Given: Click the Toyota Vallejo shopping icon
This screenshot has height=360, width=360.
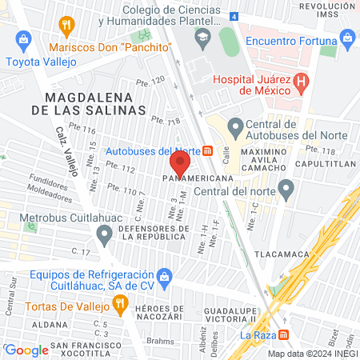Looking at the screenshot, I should click(23, 38).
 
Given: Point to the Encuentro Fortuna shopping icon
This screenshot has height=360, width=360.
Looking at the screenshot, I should click(347, 37).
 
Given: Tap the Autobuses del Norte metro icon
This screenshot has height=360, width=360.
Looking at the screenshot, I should click(207, 150).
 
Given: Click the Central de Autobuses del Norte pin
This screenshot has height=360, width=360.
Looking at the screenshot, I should click(235, 126).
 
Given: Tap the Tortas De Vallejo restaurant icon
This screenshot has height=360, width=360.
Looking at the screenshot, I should click(120, 303).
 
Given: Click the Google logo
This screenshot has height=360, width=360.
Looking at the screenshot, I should click(26, 350).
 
